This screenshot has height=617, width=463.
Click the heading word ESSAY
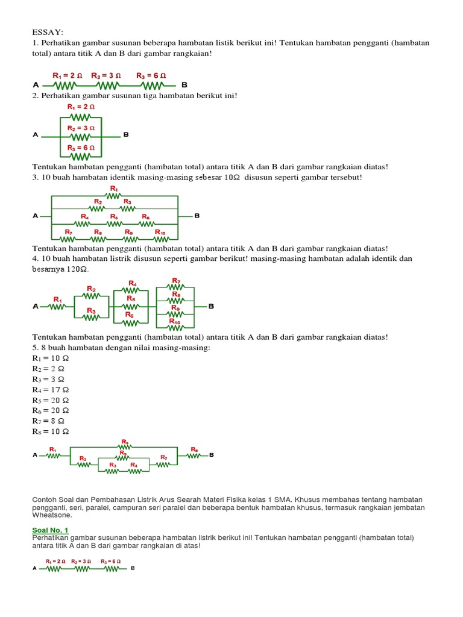click(x=48, y=31)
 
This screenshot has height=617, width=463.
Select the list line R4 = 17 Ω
click(x=51, y=390)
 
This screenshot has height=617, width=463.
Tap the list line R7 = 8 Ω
click(x=48, y=421)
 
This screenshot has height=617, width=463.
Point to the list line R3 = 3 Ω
click(x=48, y=379)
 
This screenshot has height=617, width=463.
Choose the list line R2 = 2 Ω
click(x=48, y=369)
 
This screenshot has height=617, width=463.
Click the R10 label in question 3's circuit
click(x=160, y=232)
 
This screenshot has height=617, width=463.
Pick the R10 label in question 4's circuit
click(x=175, y=322)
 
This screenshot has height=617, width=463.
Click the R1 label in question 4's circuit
click(x=58, y=299)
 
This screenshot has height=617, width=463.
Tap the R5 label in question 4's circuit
click(x=131, y=299)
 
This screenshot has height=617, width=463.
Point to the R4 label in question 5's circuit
click(x=134, y=465)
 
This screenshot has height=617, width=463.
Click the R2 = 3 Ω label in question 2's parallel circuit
click(x=81, y=128)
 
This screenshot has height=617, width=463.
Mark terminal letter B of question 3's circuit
click(x=197, y=215)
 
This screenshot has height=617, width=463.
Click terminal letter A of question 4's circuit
click(x=36, y=307)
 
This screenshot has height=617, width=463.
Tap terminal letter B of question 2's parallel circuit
click(x=126, y=135)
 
